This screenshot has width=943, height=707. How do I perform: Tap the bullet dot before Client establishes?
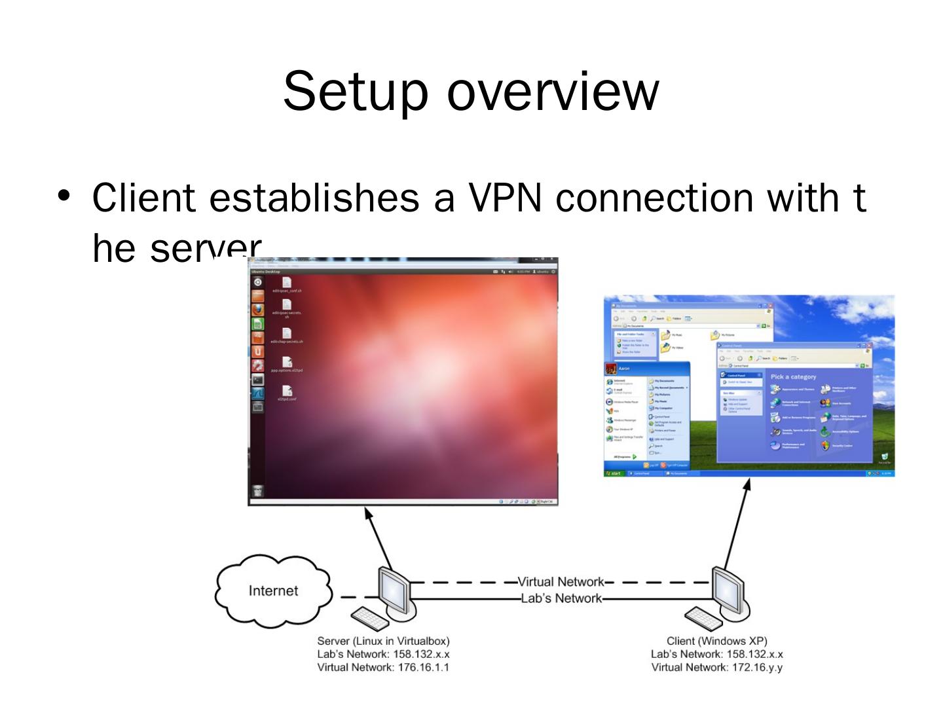click(64, 195)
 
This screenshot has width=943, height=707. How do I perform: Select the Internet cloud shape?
click(273, 591)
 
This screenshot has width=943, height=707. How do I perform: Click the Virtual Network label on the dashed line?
click(561, 581)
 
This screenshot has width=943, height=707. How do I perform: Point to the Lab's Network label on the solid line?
click(561, 598)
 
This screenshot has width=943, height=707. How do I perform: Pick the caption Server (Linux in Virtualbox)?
click(383, 641)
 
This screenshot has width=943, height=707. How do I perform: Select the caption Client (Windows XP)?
click(716, 641)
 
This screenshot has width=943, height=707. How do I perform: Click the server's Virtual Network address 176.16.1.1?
click(422, 667)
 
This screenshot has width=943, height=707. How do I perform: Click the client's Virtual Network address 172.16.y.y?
click(756, 667)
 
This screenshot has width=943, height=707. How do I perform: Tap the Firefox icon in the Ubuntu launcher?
click(258, 310)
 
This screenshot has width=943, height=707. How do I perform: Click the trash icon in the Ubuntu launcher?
click(258, 491)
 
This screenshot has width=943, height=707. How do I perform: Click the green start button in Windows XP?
click(614, 473)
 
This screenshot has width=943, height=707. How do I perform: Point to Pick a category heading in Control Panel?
click(793, 377)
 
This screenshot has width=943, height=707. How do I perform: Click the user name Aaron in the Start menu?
click(624, 369)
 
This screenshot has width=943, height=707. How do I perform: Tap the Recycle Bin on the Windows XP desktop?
click(885, 458)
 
